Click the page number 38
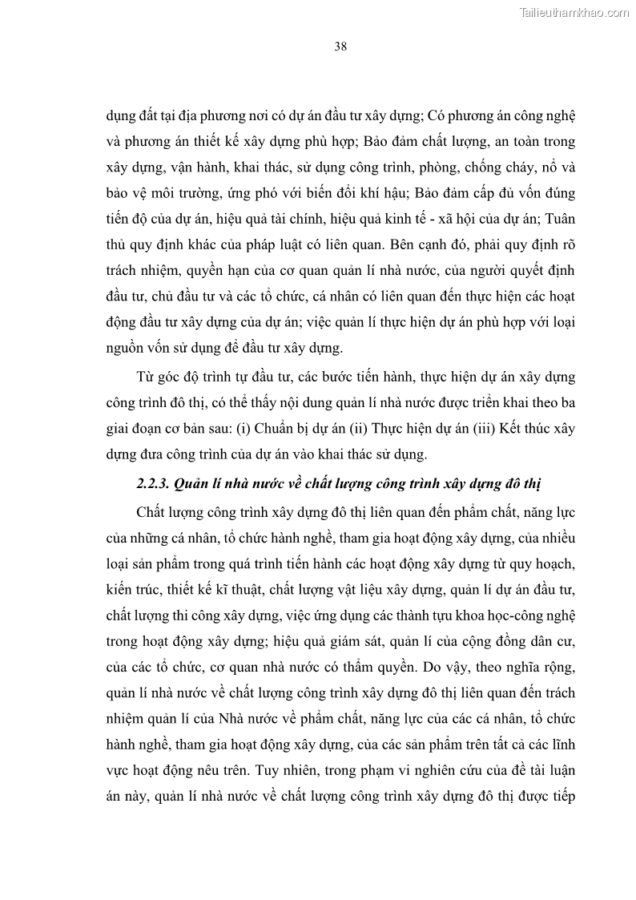tap(340, 46)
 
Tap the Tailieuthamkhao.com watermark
tap(575, 12)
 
